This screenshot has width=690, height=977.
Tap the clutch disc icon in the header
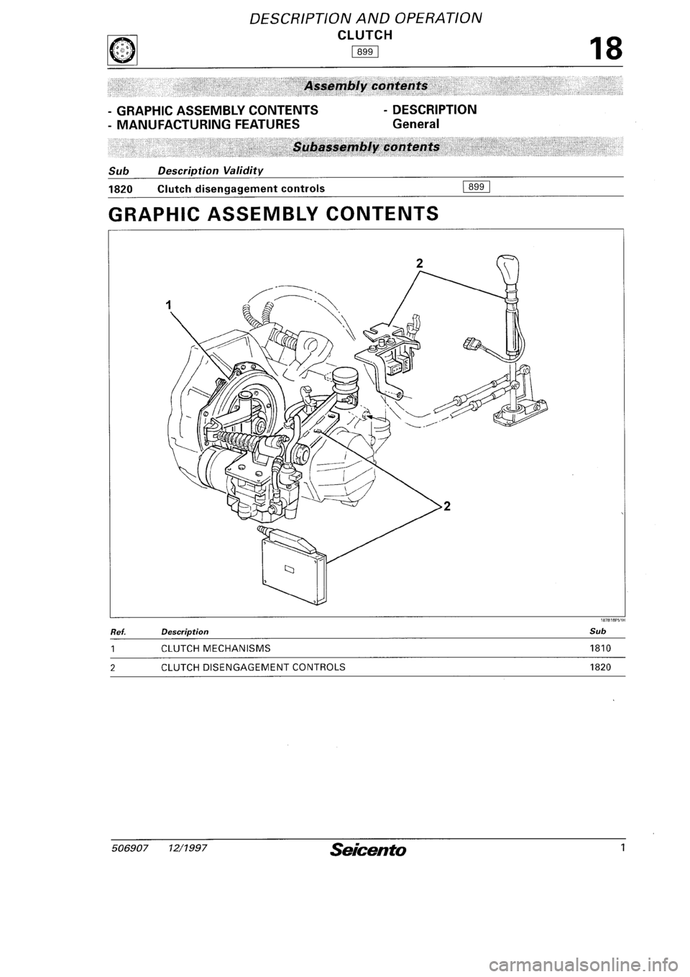point(123,50)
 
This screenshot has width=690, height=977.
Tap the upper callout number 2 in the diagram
point(419,263)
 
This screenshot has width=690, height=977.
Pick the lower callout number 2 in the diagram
point(446,506)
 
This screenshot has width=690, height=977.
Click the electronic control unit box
point(295,568)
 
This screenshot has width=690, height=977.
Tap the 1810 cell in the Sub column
point(600,648)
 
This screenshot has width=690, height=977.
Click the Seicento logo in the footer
point(368,850)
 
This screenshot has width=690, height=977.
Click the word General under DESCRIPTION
point(415,124)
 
